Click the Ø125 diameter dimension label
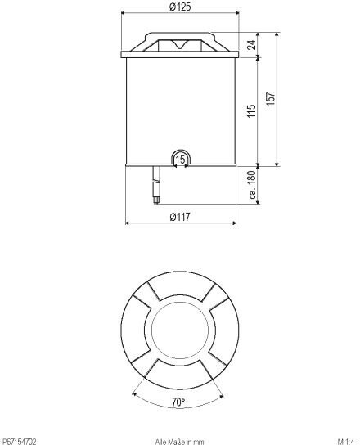click(180, 7)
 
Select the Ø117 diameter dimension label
click(180, 217)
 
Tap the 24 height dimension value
click(251, 45)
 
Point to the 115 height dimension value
click(251, 111)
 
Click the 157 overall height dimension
click(271, 99)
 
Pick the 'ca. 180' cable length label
click(252, 185)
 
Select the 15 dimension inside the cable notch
click(180, 160)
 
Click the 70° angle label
click(178, 402)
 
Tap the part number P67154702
click(18, 442)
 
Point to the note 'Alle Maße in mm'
click(179, 442)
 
